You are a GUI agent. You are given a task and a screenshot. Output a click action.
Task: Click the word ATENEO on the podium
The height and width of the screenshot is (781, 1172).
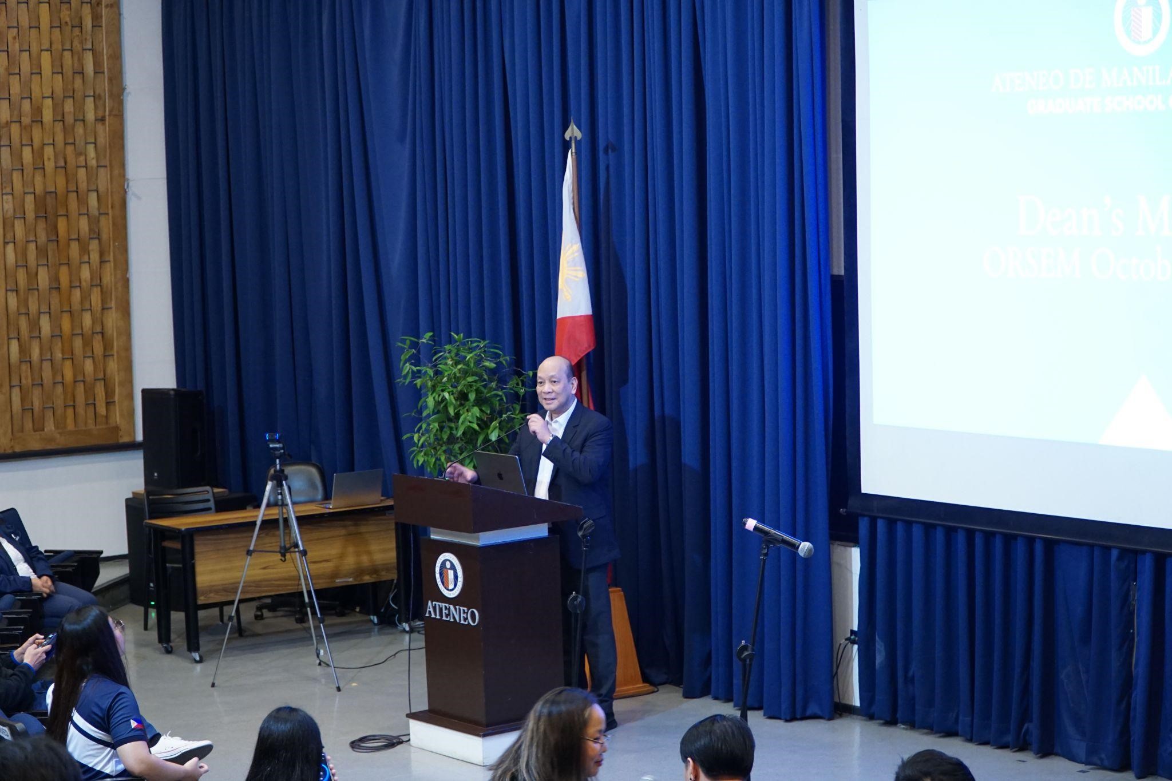pyautogui.click(x=452, y=614)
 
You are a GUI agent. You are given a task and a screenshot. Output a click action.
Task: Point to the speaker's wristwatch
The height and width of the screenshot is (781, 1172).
pyautogui.click(x=550, y=439)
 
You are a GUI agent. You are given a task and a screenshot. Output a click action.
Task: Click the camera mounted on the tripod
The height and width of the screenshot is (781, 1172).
pyautogui.click(x=276, y=443)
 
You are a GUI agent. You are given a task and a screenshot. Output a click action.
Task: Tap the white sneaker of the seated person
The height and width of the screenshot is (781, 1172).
pyautogui.click(x=182, y=747)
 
